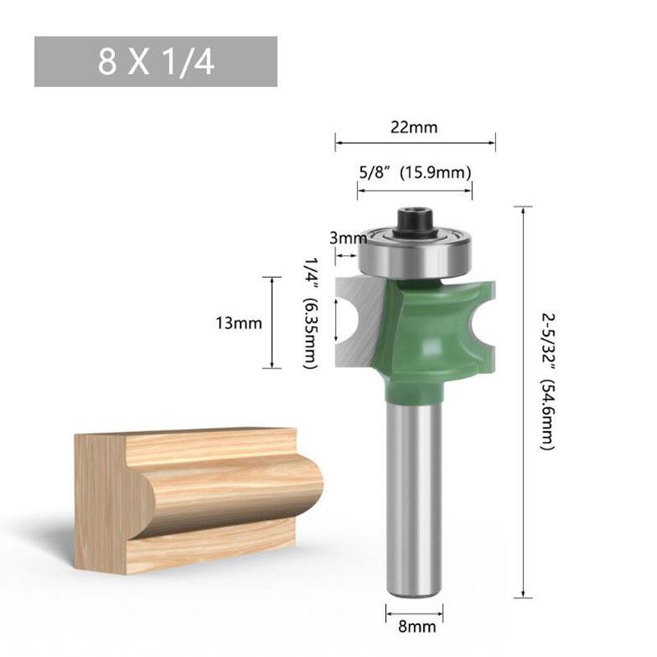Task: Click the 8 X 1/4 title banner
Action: tap(155, 62)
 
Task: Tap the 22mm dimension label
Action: tap(414, 127)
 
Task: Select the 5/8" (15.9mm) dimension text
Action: tap(416, 172)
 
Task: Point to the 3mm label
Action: tap(347, 238)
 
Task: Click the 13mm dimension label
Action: tap(238, 323)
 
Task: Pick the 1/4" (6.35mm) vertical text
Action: tap(311, 313)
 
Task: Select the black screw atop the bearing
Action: tap(415, 221)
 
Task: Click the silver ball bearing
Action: tap(415, 254)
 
